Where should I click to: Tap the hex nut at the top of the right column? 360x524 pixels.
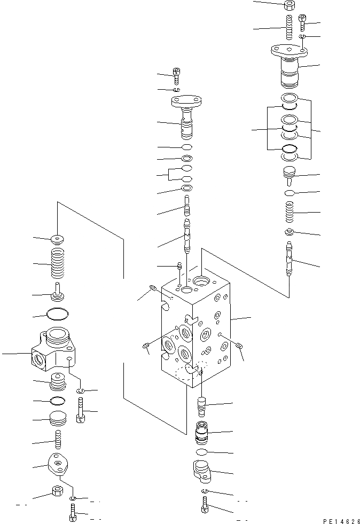pyautogui.click(x=288, y=6)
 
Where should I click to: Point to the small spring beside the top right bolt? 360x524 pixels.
pyautogui.click(x=289, y=27)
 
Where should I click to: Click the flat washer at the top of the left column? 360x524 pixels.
pyautogui.click(x=58, y=239)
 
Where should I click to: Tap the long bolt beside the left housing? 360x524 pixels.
pyautogui.click(x=81, y=410)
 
